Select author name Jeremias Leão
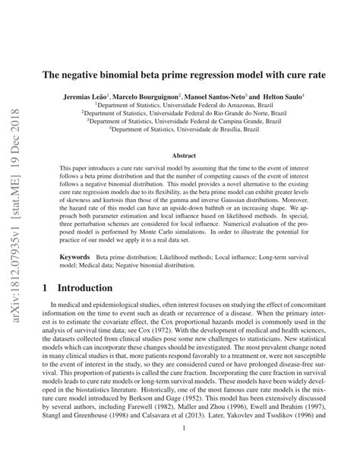click(x=86, y=99)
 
